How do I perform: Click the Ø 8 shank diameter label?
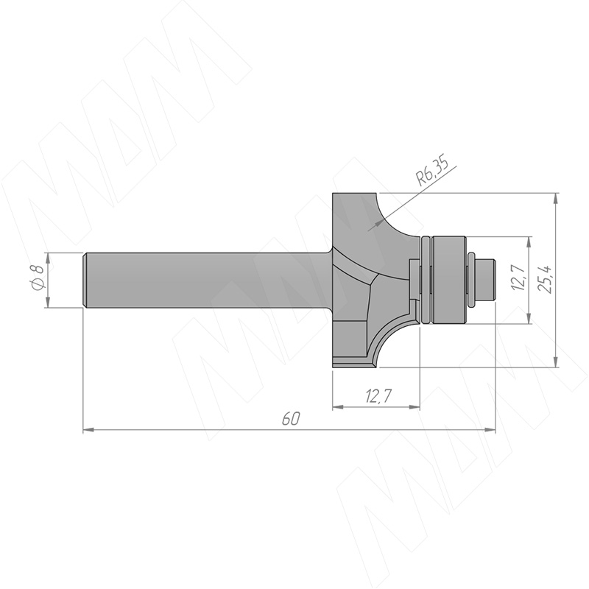pos(38,278)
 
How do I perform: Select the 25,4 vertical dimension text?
pos(546,279)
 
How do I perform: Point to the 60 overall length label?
pos(291,418)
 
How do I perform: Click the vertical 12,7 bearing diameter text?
pos(519,278)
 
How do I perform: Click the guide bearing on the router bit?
pos(449,280)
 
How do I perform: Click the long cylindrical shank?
pos(208,281)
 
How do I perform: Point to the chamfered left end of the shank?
pos(85,281)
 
